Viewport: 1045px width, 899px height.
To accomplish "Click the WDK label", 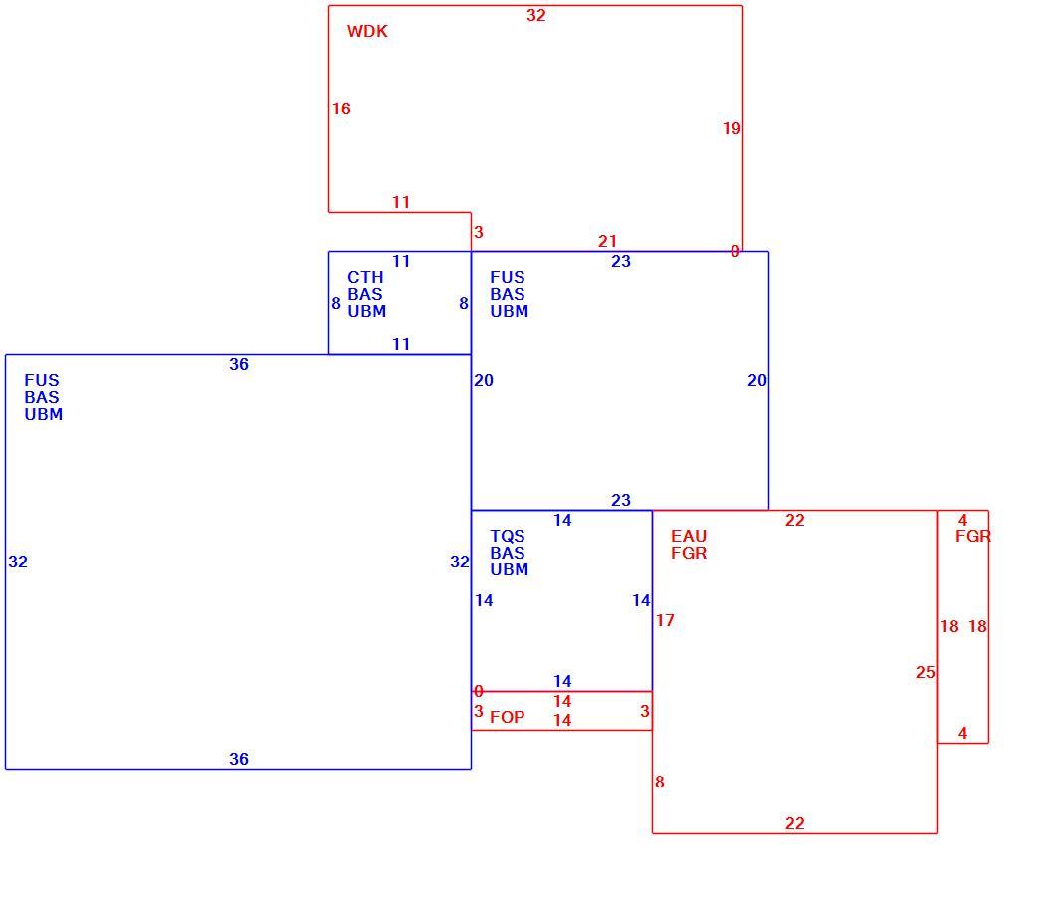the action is click(x=367, y=31).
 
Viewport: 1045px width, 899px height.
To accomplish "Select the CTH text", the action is click(x=365, y=277).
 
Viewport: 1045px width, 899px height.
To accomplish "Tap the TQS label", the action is click(x=508, y=536).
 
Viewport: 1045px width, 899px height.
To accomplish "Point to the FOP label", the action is click(x=508, y=717).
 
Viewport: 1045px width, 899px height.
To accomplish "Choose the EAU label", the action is click(x=689, y=536).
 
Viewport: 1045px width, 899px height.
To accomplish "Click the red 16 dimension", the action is click(x=341, y=109).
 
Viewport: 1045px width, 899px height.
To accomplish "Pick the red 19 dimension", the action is click(x=731, y=128).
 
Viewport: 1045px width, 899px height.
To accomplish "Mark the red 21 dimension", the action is click(x=607, y=241).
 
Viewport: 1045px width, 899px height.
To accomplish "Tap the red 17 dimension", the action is click(x=665, y=621).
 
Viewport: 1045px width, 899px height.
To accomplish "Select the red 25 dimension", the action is click(x=925, y=672).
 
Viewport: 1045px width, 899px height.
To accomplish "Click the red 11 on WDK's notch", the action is click(x=400, y=202).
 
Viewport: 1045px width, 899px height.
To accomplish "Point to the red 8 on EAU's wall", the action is click(x=659, y=783).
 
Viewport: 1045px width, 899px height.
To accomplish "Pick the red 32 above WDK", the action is click(x=535, y=15).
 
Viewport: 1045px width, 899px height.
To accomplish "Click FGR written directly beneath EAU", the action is click(x=689, y=553).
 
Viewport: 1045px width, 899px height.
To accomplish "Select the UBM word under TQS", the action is click(x=510, y=569).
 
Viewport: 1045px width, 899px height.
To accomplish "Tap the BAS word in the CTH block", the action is click(x=365, y=294).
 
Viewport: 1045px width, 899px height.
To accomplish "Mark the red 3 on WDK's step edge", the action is click(x=478, y=232).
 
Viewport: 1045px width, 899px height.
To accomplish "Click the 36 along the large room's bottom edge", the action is click(x=239, y=759).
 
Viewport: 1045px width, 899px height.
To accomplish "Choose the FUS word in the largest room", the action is click(x=42, y=381).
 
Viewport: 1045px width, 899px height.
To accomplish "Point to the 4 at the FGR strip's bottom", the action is click(x=962, y=733).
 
